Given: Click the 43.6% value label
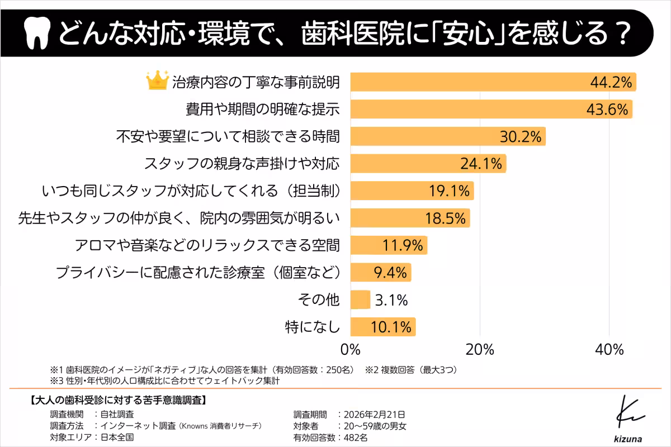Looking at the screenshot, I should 608,109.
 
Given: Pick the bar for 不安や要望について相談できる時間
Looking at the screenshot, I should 447,136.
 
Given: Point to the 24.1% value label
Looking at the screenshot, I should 480,164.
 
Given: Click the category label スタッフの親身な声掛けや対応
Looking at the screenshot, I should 242,164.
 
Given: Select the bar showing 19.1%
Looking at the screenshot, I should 412,191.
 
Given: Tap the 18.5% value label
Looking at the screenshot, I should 445,218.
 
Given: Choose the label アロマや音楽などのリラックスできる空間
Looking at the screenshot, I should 207,245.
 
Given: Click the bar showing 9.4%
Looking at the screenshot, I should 380,273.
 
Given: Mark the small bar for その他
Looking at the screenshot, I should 360,300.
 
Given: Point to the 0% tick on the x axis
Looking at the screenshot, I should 351,350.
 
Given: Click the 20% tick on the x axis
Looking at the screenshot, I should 480,350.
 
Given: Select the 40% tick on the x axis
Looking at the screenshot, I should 609,350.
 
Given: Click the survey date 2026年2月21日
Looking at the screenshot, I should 375,415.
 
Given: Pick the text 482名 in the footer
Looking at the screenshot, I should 356,437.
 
